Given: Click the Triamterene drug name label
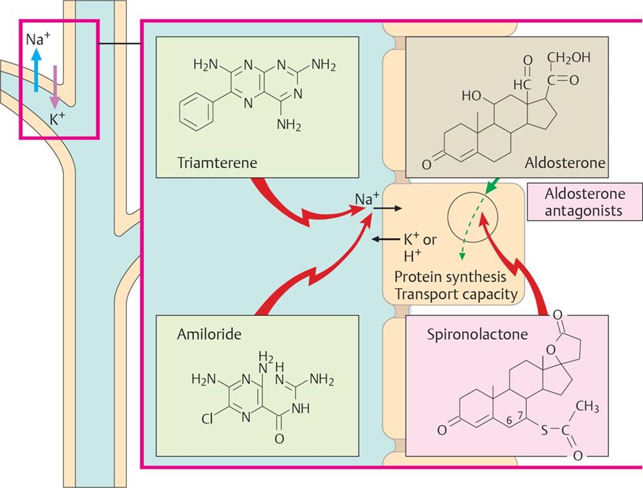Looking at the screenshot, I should [217, 163].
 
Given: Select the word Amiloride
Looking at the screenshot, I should [209, 334].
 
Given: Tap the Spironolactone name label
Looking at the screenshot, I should [477, 335].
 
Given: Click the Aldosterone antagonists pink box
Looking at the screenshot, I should [584, 202].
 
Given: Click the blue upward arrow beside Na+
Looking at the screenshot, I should [35, 69].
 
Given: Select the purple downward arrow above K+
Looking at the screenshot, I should [55, 84].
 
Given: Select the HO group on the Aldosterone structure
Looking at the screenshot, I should [472, 96].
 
